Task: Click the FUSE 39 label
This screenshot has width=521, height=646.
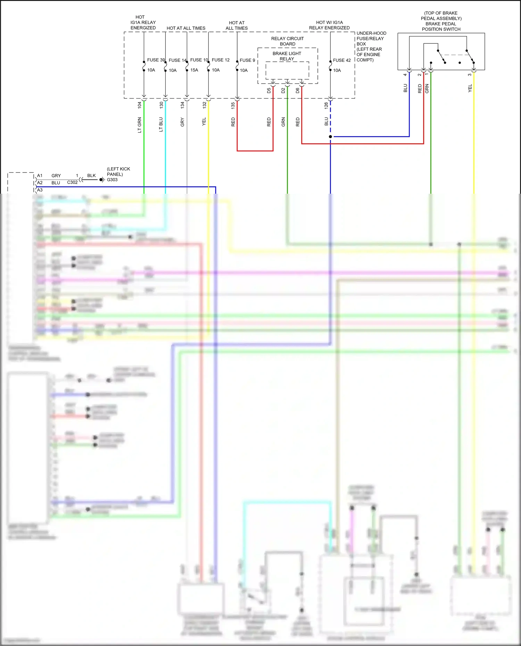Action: (156, 60)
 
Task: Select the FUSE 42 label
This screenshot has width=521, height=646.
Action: (342, 60)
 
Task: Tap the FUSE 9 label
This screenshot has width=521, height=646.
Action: (247, 60)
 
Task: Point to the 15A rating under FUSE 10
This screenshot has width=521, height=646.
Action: (194, 70)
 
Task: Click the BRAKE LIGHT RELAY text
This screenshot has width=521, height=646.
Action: (287, 56)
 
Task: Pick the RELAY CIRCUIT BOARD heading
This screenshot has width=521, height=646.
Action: (288, 41)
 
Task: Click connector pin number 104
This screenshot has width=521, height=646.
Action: (140, 105)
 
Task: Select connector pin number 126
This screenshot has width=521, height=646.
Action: (326, 106)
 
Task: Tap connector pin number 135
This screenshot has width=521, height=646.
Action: (233, 106)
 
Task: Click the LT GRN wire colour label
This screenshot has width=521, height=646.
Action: (140, 125)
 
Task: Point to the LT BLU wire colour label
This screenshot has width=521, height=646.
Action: (161, 125)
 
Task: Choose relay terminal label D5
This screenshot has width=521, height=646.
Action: (269, 91)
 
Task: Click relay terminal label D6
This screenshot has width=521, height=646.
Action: (298, 91)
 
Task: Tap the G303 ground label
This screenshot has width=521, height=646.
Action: (112, 180)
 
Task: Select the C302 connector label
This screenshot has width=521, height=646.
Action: (72, 182)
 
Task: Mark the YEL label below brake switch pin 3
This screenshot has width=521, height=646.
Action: (470, 88)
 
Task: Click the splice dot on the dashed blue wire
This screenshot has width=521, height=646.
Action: (330, 137)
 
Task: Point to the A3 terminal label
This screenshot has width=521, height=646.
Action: (40, 190)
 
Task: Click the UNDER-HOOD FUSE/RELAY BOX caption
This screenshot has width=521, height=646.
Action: (371, 47)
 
